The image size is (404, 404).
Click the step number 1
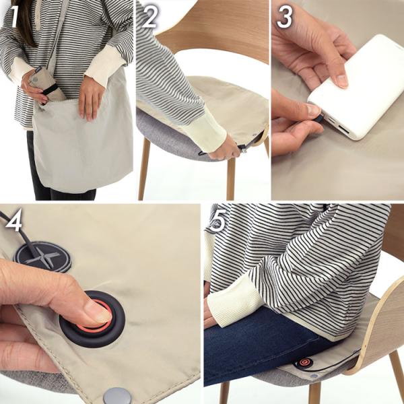click(x=15, y=16)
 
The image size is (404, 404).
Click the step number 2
click(x=149, y=17)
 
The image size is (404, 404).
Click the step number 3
click(x=284, y=17)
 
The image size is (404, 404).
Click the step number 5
click(x=218, y=220)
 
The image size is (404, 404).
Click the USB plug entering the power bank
click(x=318, y=119)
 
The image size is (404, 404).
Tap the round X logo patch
click(x=43, y=257)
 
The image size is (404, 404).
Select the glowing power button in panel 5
click(x=304, y=363)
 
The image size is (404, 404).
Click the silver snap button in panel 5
click(x=314, y=376)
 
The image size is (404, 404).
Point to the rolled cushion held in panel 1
click(x=45, y=83)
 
